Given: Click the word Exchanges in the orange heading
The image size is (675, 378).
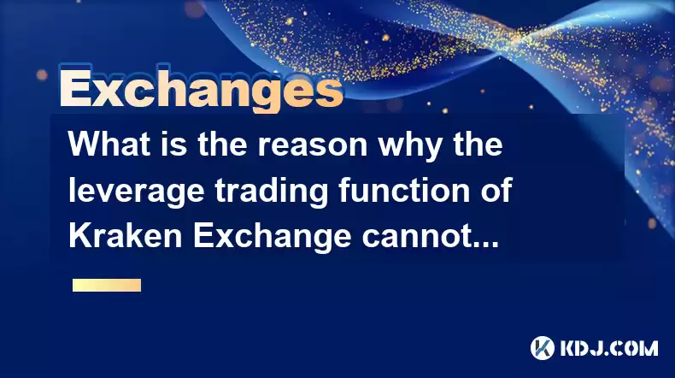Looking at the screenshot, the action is click(x=201, y=89).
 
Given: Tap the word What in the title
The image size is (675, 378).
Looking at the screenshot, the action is click(x=109, y=144).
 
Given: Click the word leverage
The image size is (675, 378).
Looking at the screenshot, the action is click(x=136, y=192).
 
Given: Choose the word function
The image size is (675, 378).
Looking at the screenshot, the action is click(x=404, y=190).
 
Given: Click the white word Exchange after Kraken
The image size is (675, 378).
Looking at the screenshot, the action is click(x=272, y=238).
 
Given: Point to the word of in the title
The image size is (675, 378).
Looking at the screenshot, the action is click(x=496, y=190).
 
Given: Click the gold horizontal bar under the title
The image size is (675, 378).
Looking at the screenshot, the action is click(x=107, y=285).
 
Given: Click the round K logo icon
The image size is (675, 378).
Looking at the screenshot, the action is click(x=543, y=348).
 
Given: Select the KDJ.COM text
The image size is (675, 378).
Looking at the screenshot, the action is click(x=608, y=348).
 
